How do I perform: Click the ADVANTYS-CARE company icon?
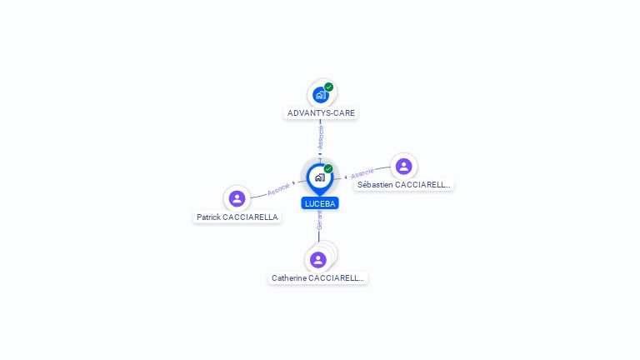(x=320, y=95)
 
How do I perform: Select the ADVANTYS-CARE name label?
(x=321, y=113)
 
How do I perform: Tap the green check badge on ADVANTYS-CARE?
(x=329, y=87)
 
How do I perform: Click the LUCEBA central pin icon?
(x=319, y=177)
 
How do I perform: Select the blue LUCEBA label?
(x=320, y=203)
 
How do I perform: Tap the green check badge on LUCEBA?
(x=328, y=168)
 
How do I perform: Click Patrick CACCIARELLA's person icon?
(x=237, y=198)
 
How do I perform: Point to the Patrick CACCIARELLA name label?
(x=237, y=217)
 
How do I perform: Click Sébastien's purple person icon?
(x=404, y=166)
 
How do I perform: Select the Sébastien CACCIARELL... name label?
(x=403, y=184)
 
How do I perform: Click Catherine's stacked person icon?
(x=318, y=259)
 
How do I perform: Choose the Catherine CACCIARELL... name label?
(x=317, y=278)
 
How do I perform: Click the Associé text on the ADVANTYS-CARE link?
(x=320, y=137)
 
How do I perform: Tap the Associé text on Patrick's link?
(x=278, y=188)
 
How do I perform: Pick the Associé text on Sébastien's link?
(x=362, y=174)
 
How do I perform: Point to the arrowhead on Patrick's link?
(x=294, y=182)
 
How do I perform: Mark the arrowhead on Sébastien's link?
(x=345, y=177)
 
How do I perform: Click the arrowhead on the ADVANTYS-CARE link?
(x=320, y=154)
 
